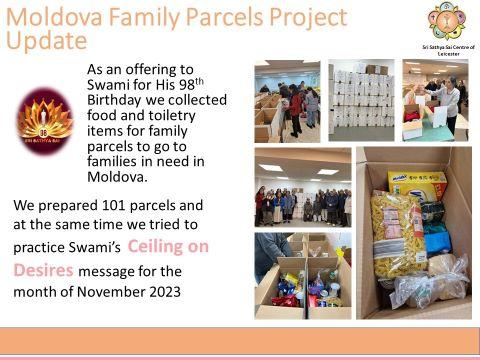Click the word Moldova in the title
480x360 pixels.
tap(54, 17)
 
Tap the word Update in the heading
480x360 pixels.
tap(46, 41)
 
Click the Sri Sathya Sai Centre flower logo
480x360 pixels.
tap(447, 21)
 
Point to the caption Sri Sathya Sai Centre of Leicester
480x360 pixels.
tap(448, 50)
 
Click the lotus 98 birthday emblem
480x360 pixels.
tap(45, 121)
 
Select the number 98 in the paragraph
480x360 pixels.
tap(187, 85)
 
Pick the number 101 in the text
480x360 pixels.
tap(114, 205)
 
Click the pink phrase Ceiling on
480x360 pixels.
tap(168, 247)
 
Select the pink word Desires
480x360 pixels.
tap(43, 270)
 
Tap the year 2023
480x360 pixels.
tap(165, 292)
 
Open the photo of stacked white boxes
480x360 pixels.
tap(361, 100)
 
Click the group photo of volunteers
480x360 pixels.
tap(303, 188)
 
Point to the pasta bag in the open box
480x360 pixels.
tap(398, 234)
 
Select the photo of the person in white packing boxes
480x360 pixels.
tap(435, 100)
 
